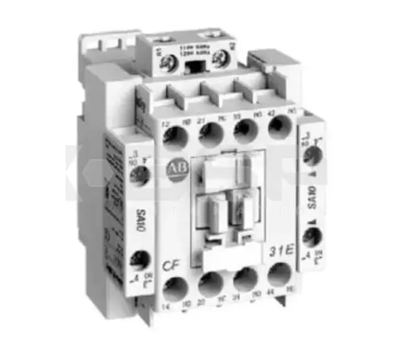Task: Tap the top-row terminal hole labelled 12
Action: coord(175,137)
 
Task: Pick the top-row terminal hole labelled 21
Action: coord(210,134)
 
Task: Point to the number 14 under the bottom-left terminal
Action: coord(167,307)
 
